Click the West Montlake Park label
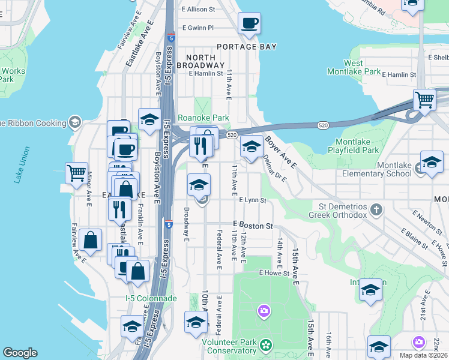click(x=362, y=67)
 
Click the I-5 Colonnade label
click(x=151, y=298)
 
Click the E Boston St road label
click(x=253, y=226)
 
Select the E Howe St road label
click(x=274, y=272)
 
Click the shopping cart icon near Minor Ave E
click(x=76, y=173)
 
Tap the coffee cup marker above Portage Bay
click(x=249, y=23)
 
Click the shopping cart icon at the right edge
click(x=424, y=99)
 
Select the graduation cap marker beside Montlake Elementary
click(x=432, y=162)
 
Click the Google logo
click(x=20, y=353)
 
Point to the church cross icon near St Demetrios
click(x=376, y=210)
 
